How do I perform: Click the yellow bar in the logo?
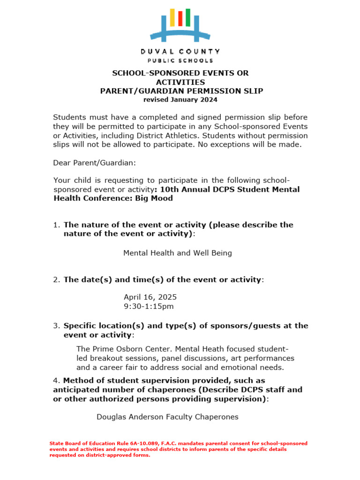tap(172, 17)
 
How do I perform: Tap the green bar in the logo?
tap(188, 17)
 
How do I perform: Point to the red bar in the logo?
tap(180, 18)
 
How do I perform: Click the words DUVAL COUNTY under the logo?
tap(180, 51)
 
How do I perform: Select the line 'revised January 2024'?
tap(180, 99)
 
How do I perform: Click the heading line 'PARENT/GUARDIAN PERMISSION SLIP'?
tap(181, 91)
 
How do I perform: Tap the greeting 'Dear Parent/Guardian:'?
tap(94, 162)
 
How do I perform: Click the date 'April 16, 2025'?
tap(150, 297)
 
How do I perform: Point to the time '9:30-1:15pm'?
tap(149, 307)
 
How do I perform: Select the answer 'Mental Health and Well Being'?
tap(178, 253)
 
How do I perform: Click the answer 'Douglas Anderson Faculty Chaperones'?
tap(167, 417)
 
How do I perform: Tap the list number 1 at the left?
tap(56, 225)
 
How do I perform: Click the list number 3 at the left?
tap(56, 326)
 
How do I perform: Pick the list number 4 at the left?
tap(56, 381)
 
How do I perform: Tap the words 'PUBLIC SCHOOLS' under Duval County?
tap(180, 60)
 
